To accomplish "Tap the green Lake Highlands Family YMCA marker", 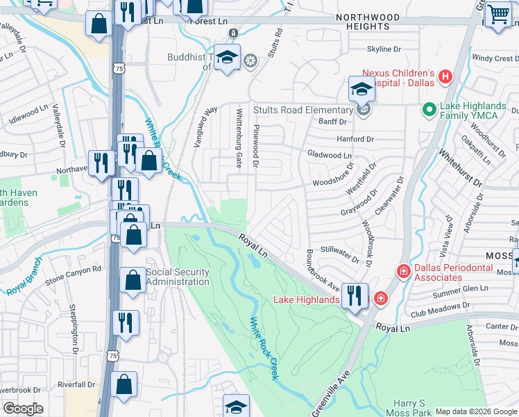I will coord(430,110).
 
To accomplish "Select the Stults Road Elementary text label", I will coord(303,110).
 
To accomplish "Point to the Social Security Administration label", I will coord(177,277).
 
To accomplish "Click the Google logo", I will coord(23,409).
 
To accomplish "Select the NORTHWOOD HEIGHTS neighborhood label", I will coord(368,22).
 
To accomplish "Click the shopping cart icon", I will coord(498,14).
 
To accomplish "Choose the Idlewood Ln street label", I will coord(26,120).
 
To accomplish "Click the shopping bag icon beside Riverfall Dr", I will coord(124,384).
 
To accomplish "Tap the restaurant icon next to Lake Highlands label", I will coord(355,296).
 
